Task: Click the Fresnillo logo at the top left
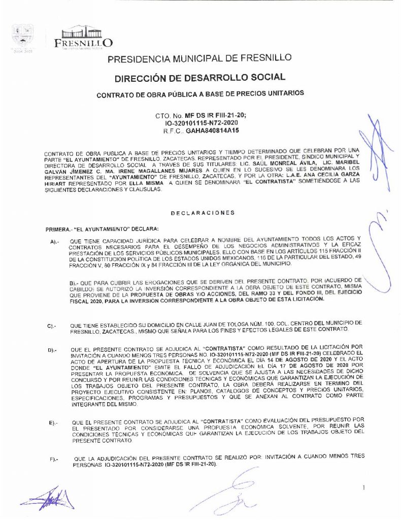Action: coord(83,36)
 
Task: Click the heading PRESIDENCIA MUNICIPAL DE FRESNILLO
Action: coord(199,59)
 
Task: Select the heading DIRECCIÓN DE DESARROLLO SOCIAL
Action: coord(199,78)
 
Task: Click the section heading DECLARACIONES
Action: coord(203,213)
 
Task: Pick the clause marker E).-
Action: coord(52,422)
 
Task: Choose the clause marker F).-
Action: coord(52,460)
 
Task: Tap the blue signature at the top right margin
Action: coord(376,147)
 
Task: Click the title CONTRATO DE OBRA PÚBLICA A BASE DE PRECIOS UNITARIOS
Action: coord(200,93)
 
